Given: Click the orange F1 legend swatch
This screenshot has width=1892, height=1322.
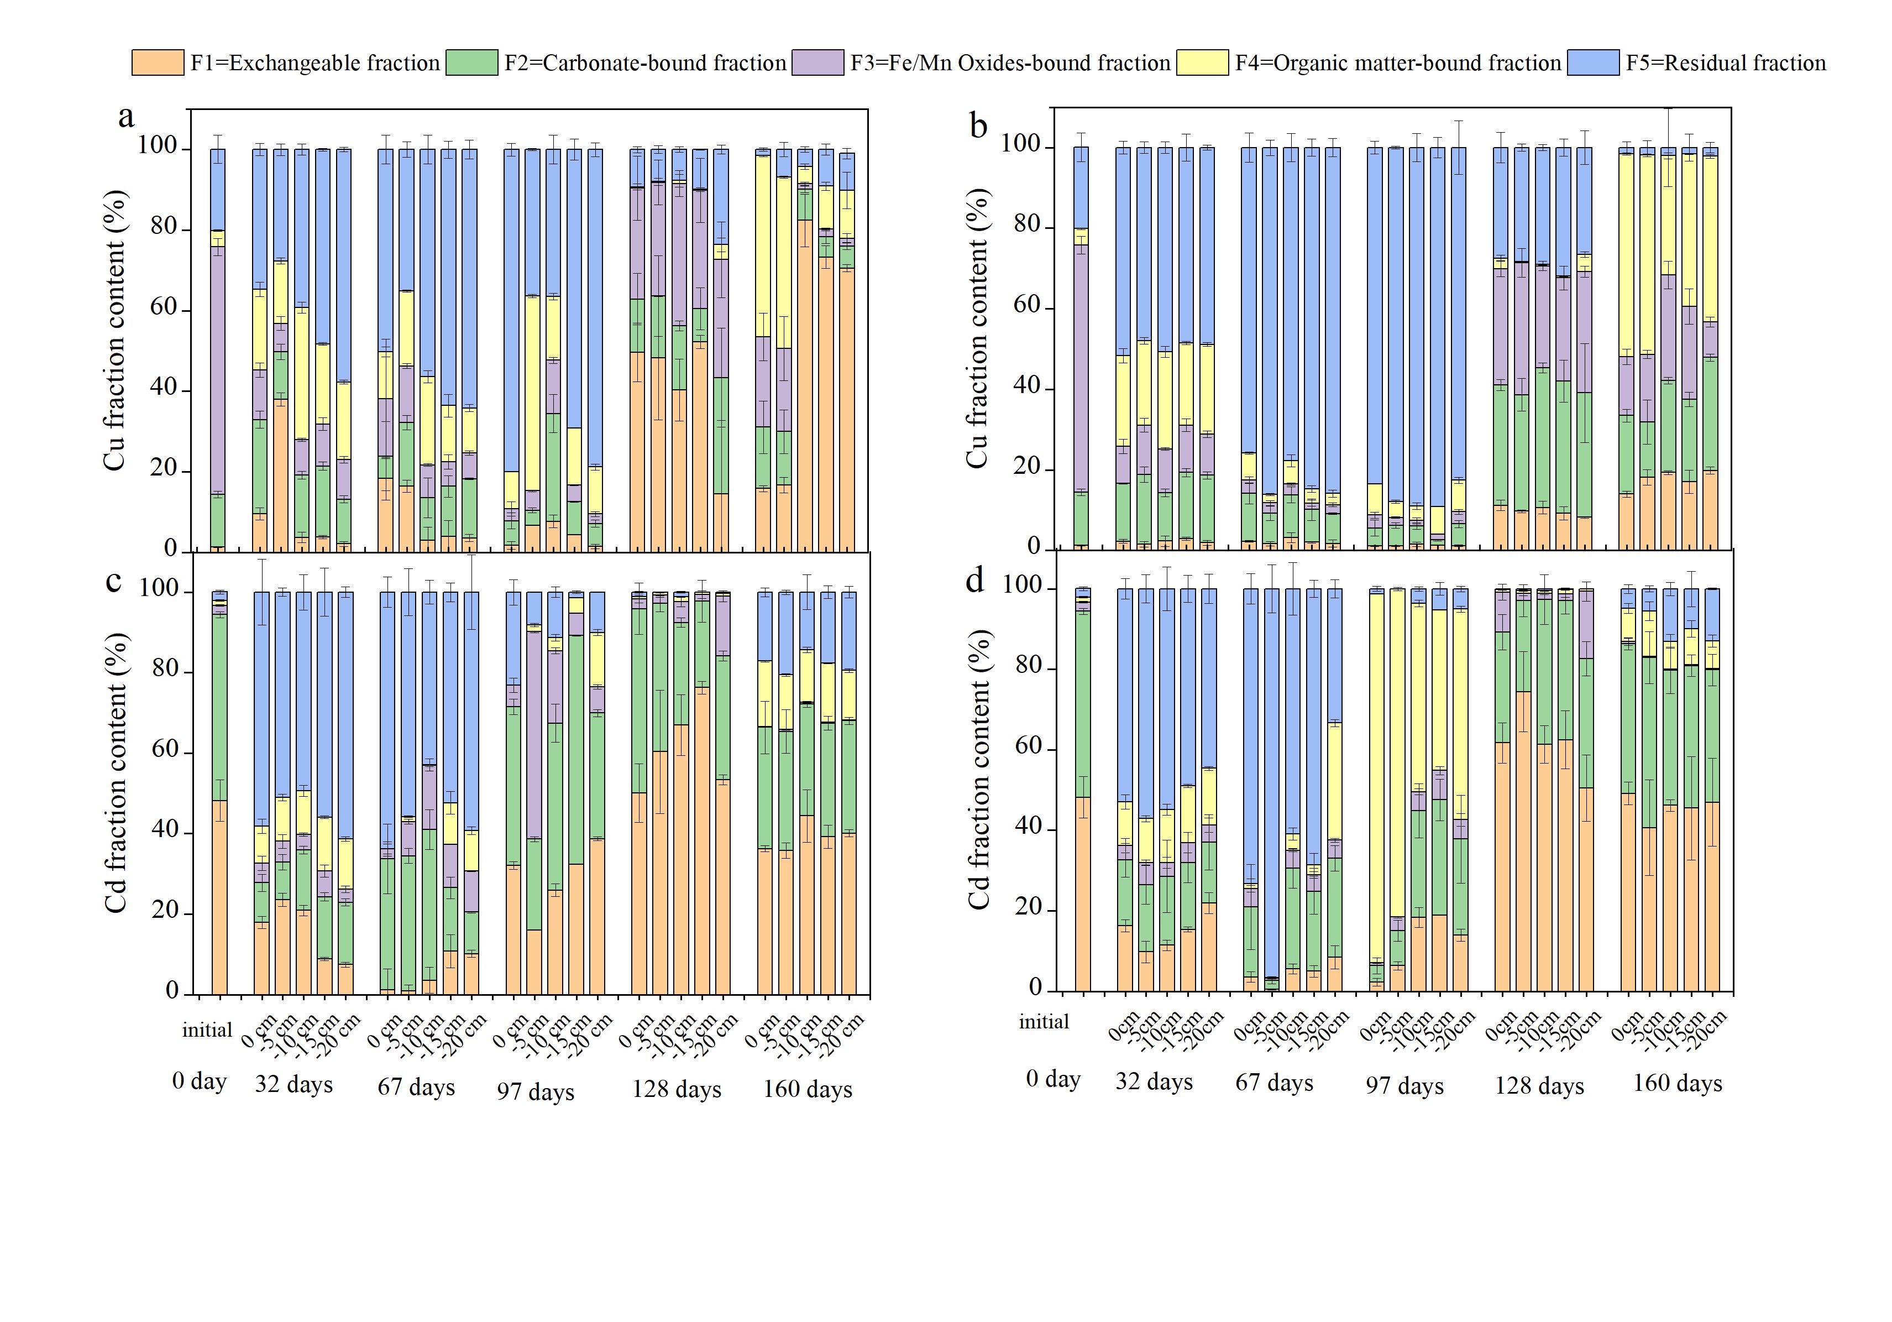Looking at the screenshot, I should point(158,62).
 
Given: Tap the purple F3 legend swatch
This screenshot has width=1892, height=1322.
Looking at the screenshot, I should point(817,62).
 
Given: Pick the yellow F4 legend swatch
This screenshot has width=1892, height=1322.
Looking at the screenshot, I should point(1202,62).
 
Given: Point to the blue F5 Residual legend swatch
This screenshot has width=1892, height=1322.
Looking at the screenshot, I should point(1593,62).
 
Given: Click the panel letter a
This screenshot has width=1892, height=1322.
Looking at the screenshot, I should point(126,117).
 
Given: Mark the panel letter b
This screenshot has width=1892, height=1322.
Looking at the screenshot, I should point(978,126).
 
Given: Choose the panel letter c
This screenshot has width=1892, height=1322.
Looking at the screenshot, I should point(114,581).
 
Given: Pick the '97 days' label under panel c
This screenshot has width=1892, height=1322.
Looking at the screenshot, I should point(536,1091).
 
